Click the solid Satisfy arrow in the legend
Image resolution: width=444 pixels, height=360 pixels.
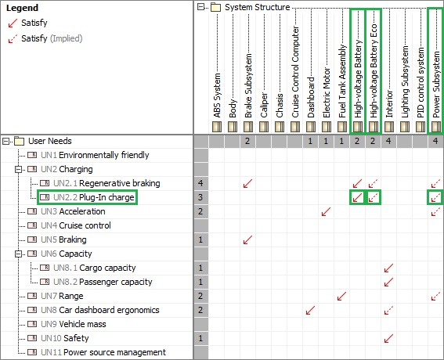pyautogui.click(x=13, y=23)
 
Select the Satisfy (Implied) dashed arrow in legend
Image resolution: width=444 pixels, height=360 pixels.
pyautogui.click(x=13, y=39)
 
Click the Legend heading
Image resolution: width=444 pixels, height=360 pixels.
pyautogui.click(x=22, y=8)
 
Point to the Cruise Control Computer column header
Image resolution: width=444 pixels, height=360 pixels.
pyautogui.click(x=295, y=72)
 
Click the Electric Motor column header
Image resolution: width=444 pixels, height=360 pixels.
pyautogui.click(x=327, y=92)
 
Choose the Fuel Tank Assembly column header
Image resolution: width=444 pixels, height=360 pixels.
pyautogui.click(x=342, y=81)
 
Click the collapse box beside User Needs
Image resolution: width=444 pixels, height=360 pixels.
pyautogui.click(x=5, y=141)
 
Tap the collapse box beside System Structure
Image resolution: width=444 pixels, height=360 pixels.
pyautogui.click(x=200, y=7)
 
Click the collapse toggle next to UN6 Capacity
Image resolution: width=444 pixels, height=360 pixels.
pyautogui.click(x=19, y=254)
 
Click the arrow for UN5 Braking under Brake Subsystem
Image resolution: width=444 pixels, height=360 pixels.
pyautogui.click(x=247, y=239)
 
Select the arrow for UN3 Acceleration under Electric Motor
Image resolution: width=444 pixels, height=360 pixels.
pyautogui.click(x=327, y=211)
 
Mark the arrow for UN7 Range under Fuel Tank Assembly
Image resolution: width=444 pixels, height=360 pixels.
pyautogui.click(x=341, y=296)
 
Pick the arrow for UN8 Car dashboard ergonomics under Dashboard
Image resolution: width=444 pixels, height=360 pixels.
pyautogui.click(x=310, y=310)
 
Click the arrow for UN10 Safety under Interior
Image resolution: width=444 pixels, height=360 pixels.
pyautogui.click(x=388, y=338)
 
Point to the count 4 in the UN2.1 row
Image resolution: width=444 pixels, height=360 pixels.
pyautogui.click(x=200, y=183)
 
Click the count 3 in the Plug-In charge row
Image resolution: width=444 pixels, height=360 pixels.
pyautogui.click(x=200, y=197)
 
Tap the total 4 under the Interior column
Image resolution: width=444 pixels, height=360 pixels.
pyautogui.click(x=388, y=141)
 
